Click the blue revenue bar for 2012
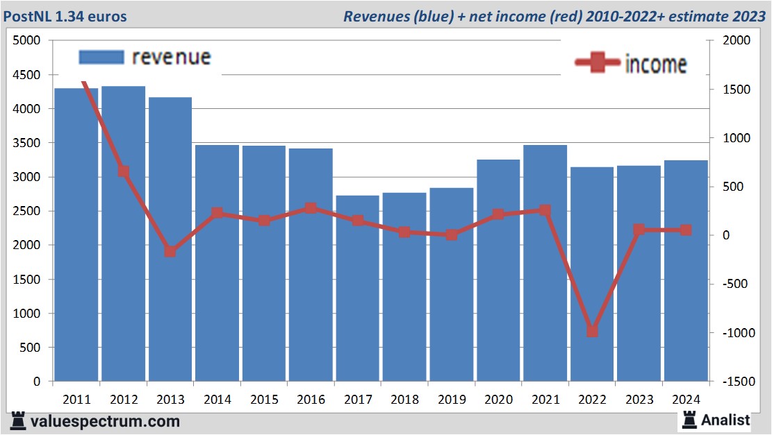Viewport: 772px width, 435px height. pyautogui.click(x=124, y=278)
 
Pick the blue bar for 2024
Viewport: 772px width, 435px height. pyautogui.click(x=686, y=278)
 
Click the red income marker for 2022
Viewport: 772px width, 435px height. pyautogui.click(x=592, y=331)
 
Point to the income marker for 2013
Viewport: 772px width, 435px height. pyautogui.click(x=170, y=251)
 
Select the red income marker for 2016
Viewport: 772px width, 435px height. pyautogui.click(x=311, y=208)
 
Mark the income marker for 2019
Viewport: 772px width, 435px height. pyautogui.click(x=452, y=234)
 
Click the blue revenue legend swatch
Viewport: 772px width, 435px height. pyautogui.click(x=101, y=57)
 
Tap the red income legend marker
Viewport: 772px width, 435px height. pyautogui.click(x=597, y=62)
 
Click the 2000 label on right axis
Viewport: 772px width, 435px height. pyautogui.click(x=737, y=41)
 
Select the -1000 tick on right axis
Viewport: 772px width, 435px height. pyautogui.click(x=736, y=333)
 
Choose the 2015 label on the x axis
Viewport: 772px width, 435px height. pyautogui.click(x=264, y=400)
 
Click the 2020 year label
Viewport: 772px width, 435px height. pyautogui.click(x=498, y=400)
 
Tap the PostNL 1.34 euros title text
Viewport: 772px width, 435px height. pyautogui.click(x=67, y=16)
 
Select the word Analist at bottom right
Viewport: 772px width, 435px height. pyautogui.click(x=725, y=420)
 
